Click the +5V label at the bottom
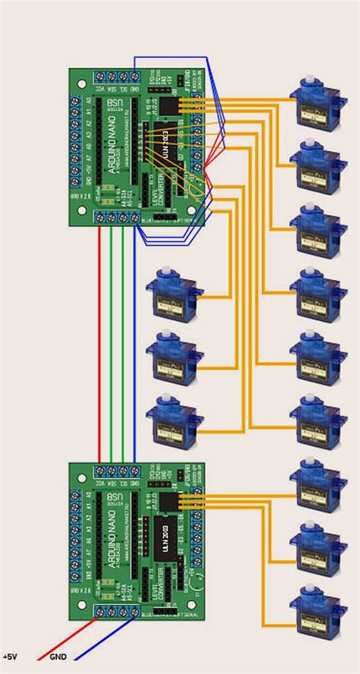[x=11, y=657]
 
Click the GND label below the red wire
[x=58, y=657]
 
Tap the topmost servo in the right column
[x=313, y=105]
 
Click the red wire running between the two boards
[x=99, y=342]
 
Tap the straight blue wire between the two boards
[x=134, y=342]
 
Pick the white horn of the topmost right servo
[x=312, y=84]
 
